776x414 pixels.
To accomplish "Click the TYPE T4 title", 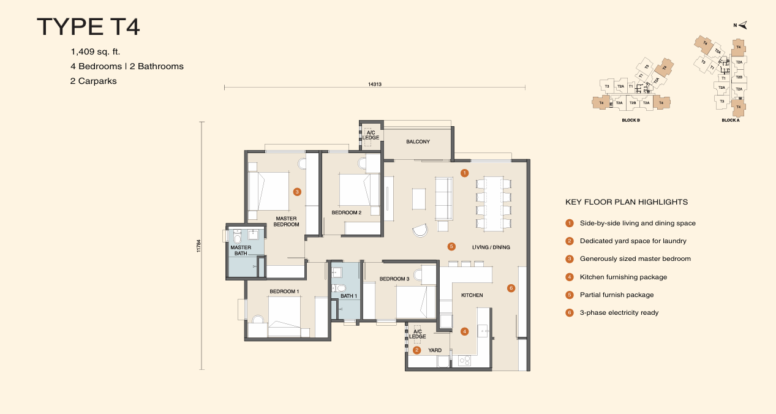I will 89,28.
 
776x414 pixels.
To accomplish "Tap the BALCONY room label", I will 418,141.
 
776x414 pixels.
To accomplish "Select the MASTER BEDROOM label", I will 287,221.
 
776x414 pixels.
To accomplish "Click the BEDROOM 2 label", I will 346,213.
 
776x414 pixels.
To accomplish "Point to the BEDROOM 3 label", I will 394,279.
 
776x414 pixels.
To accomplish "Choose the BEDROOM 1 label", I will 284,291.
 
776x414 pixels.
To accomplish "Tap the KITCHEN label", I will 472,295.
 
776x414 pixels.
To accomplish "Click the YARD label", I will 435,350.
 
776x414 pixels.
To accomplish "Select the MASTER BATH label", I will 241,250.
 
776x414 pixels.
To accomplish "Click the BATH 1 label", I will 348,296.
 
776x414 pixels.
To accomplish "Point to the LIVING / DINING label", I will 491,247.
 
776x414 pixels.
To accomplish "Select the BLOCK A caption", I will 730,121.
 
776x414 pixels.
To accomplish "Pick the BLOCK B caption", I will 630,121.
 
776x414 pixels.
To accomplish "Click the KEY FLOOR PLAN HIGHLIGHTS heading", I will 626,201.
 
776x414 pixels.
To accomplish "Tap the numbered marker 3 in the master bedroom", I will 297,192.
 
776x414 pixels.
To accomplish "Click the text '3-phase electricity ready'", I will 619,312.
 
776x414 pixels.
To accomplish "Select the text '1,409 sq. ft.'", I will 100,51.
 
